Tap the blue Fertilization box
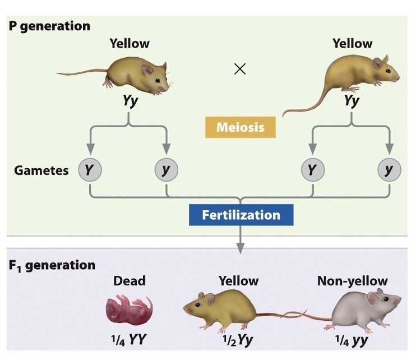point(241,214)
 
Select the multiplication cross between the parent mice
point(239,70)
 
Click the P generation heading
point(49,26)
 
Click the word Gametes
point(41,169)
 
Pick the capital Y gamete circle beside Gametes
point(90,169)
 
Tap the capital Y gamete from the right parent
point(312,169)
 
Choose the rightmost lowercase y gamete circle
point(389,169)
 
